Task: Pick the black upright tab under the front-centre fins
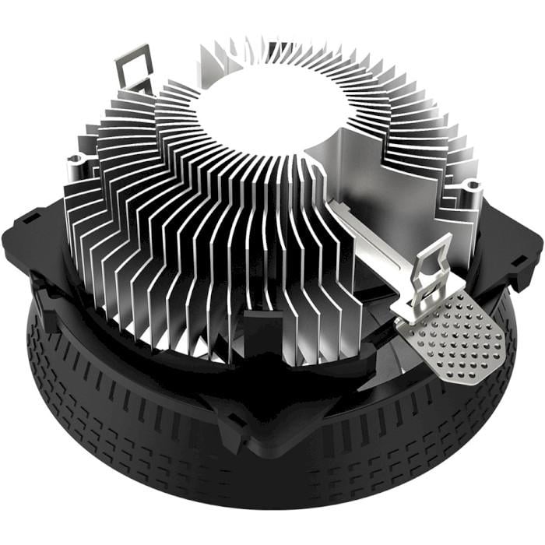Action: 256,327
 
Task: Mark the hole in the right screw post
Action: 472,185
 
